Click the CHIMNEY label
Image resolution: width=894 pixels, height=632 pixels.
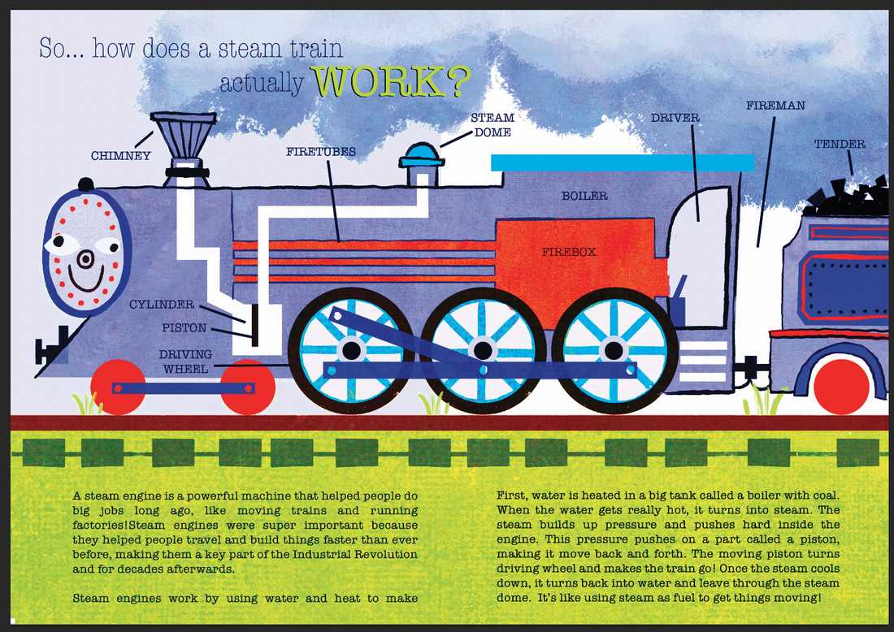pyautogui.click(x=120, y=156)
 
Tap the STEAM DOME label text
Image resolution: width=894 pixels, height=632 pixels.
pyautogui.click(x=493, y=124)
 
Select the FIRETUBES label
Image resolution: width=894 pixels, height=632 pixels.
pyautogui.click(x=320, y=151)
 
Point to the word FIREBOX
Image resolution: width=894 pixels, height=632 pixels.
pyautogui.click(x=569, y=252)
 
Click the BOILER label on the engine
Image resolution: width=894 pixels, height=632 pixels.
pyautogui.click(x=584, y=196)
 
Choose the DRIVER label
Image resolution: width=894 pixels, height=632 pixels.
pyautogui.click(x=675, y=118)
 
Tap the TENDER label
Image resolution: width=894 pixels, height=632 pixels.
pyautogui.click(x=840, y=145)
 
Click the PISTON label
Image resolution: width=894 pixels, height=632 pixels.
pyautogui.click(x=184, y=328)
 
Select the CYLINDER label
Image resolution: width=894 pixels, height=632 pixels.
pyautogui.click(x=162, y=305)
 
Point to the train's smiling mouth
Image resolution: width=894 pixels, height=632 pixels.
pyautogui.click(x=85, y=284)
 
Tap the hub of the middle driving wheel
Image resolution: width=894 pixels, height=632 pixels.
pyautogui.click(x=483, y=350)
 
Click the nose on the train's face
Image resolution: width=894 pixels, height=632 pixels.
pyautogui.click(x=85, y=259)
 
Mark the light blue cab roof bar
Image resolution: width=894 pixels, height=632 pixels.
pyautogui.click(x=623, y=162)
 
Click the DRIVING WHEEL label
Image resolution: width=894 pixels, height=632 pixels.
pyautogui.click(x=185, y=361)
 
